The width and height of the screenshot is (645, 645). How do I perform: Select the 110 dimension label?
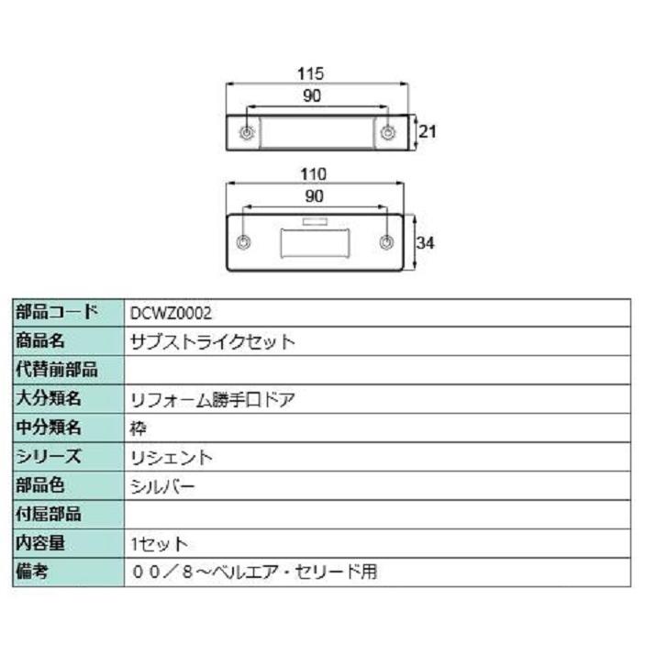click(314, 173)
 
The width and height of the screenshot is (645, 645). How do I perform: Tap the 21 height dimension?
click(427, 131)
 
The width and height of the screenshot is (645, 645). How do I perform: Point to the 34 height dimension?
click(425, 243)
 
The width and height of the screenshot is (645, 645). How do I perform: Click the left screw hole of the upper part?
click(247, 133)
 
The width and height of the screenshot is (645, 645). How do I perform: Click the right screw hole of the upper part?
click(388, 133)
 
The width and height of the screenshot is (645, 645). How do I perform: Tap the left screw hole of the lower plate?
click(243, 243)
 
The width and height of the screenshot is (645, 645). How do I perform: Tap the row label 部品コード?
click(57, 313)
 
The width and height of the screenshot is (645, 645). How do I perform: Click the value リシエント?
click(172, 457)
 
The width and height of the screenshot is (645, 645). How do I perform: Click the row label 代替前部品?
click(57, 370)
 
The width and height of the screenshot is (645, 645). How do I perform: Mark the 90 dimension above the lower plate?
click(314, 195)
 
